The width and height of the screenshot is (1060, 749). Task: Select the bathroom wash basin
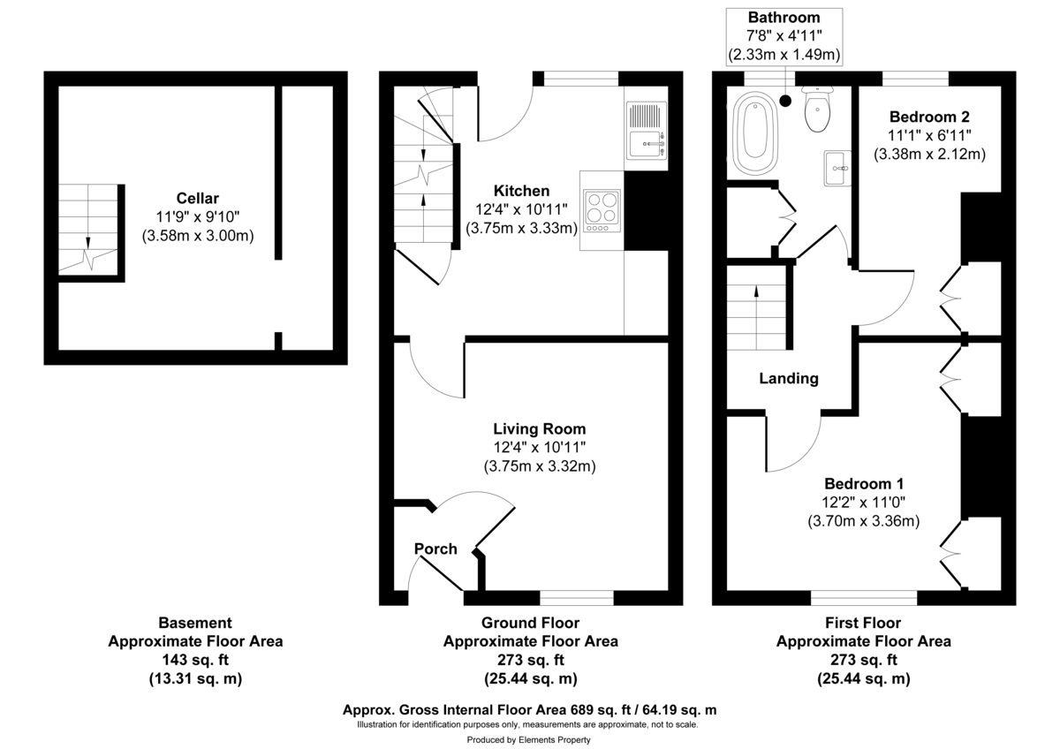click(x=836, y=168)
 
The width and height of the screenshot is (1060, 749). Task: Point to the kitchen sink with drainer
click(x=647, y=131)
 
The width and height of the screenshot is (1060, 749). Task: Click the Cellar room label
click(x=197, y=198)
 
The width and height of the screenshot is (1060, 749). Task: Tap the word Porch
click(x=436, y=549)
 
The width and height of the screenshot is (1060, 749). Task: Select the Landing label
click(x=789, y=378)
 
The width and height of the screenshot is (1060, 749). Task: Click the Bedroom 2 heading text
click(x=929, y=117)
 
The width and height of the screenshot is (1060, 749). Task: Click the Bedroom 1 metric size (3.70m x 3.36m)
click(x=864, y=521)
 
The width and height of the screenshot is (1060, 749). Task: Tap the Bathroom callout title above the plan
click(x=784, y=18)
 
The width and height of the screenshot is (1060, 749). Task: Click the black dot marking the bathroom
click(x=787, y=101)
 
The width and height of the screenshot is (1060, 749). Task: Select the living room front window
click(x=577, y=598)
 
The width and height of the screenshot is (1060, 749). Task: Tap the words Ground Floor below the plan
click(x=530, y=623)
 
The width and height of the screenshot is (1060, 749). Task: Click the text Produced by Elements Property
click(x=528, y=740)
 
